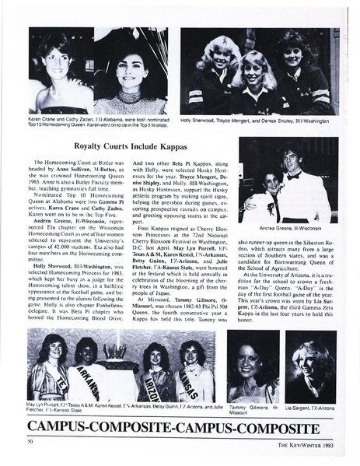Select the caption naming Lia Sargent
tap(310, 408)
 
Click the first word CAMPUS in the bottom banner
tap(60, 426)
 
